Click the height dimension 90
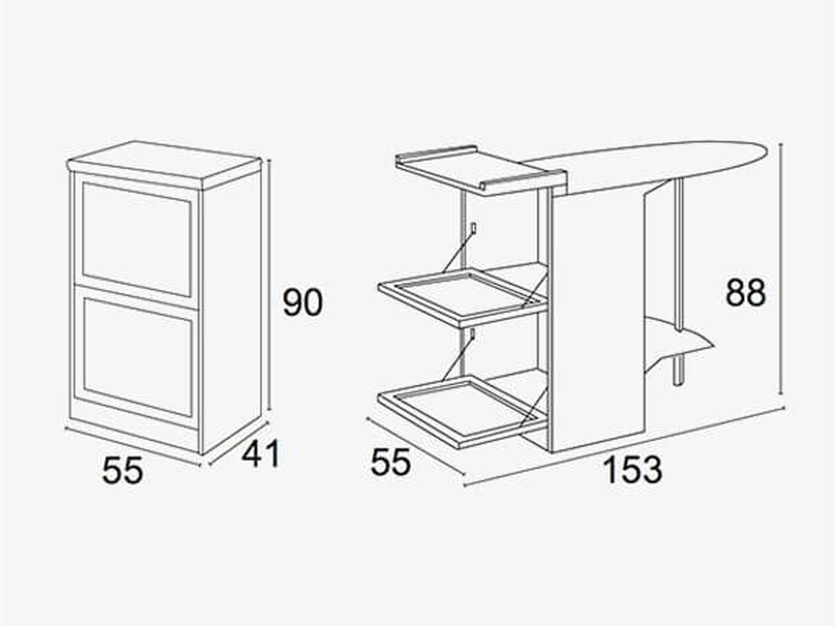tap(303, 303)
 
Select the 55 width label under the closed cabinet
tap(123, 470)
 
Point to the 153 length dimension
tap(633, 470)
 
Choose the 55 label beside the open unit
tap(391, 462)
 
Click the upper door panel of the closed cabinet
tap(137, 239)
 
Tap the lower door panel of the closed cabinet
tap(137, 357)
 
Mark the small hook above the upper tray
tap(473, 228)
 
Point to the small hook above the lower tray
tap(473, 334)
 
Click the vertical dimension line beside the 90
tap(269, 285)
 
